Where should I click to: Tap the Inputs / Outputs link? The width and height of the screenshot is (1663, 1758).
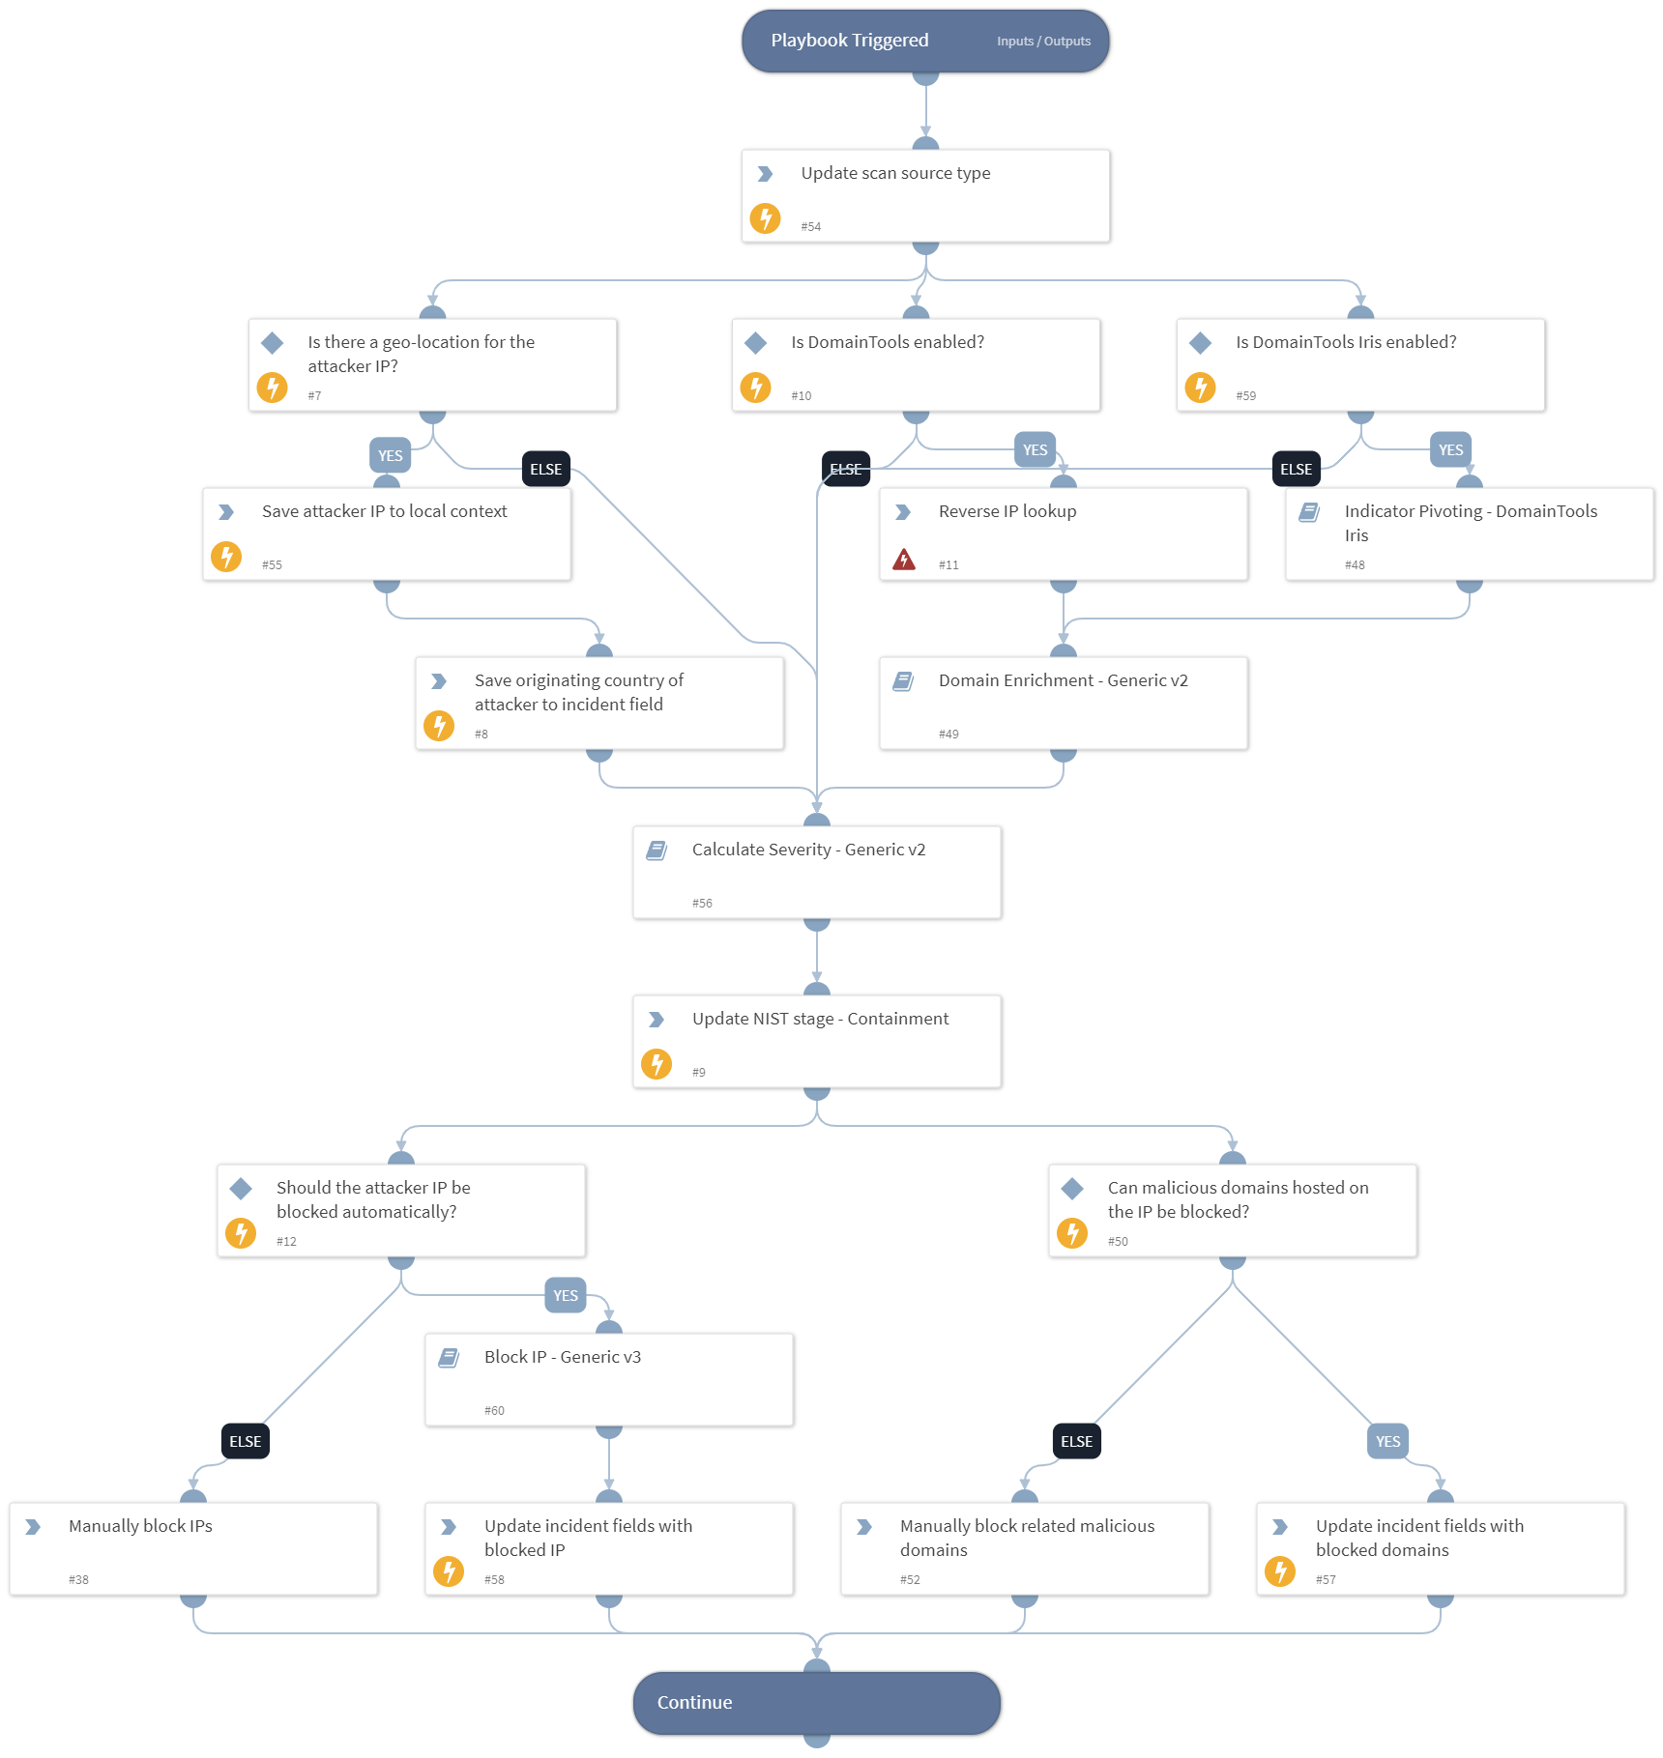tap(1043, 42)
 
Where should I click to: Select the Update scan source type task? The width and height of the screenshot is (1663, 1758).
tap(925, 195)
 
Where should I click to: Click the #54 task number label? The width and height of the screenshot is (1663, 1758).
tap(810, 227)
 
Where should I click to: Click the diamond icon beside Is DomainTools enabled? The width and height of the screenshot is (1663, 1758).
tap(756, 343)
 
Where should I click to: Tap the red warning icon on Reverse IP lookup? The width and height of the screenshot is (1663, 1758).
tap(903, 560)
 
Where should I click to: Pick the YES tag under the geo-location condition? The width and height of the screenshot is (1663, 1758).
tap(390, 455)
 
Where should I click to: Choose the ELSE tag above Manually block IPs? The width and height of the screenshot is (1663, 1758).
tap(245, 1441)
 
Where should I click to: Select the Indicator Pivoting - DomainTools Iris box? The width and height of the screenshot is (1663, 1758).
tap(1469, 533)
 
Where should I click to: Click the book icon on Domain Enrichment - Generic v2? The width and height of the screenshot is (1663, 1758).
tap(903, 681)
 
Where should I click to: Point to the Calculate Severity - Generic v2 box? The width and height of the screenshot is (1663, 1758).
tap(817, 872)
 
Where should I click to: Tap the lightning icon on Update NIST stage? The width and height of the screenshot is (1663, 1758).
tap(656, 1064)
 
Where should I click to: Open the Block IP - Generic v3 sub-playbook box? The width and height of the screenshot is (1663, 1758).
tap(609, 1379)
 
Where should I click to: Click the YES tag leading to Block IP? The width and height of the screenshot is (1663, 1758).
tap(566, 1295)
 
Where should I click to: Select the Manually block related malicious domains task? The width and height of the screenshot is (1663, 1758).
tap(1025, 1548)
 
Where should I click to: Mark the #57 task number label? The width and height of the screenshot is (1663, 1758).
tap(1326, 1580)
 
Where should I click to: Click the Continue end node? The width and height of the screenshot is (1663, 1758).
tap(817, 1703)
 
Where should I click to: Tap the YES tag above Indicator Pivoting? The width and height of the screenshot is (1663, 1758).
tap(1450, 449)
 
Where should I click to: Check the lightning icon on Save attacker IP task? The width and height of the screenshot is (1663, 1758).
tap(226, 557)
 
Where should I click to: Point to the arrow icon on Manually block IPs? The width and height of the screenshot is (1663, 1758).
tap(33, 1527)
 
